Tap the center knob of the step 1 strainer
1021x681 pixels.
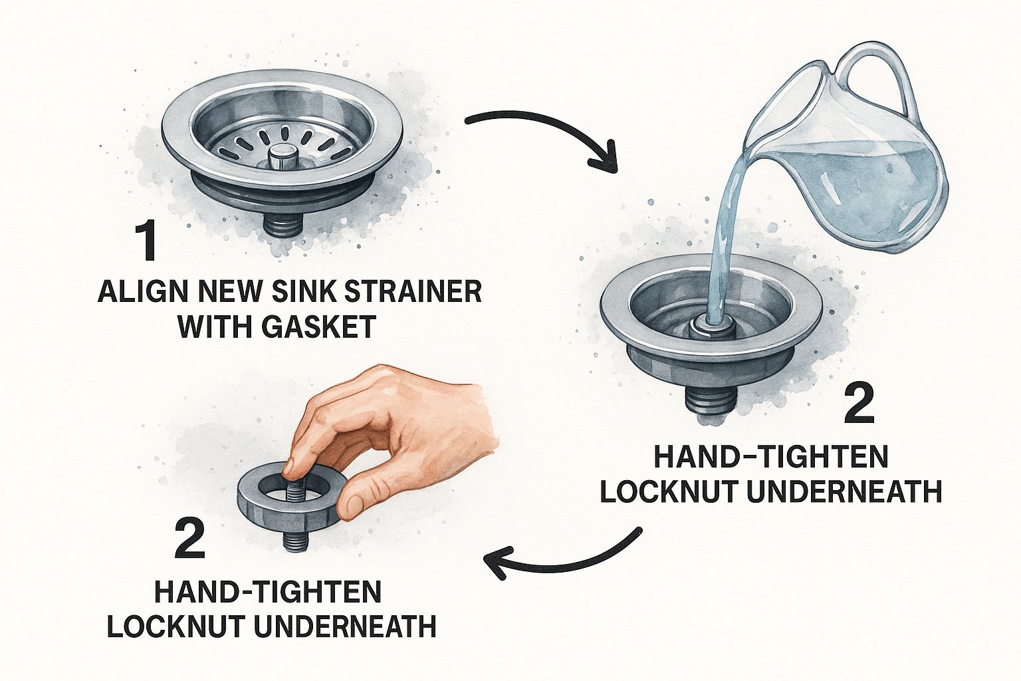tap(281, 157)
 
